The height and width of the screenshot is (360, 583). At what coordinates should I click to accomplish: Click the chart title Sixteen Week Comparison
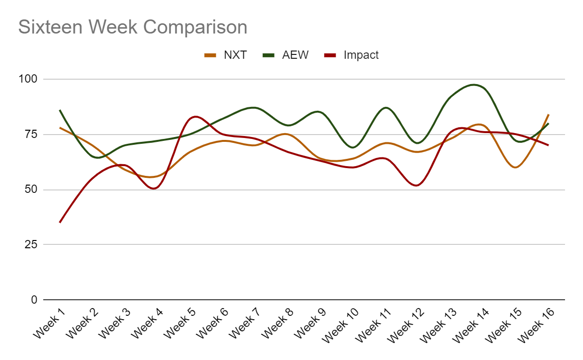click(133, 27)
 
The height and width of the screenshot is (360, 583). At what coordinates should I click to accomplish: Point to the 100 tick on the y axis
click(30, 79)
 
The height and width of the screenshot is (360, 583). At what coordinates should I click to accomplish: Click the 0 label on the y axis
click(34, 300)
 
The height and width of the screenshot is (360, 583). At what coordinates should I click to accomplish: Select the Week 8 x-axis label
click(277, 322)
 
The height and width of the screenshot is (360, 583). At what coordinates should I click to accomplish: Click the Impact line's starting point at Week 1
click(60, 223)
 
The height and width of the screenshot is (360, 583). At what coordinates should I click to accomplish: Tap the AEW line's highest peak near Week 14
click(474, 85)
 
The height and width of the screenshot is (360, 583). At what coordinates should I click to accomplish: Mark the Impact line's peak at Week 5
click(195, 117)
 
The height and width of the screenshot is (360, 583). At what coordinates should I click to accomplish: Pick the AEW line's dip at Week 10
click(353, 147)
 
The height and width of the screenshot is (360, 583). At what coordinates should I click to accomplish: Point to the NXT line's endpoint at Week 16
click(549, 115)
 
